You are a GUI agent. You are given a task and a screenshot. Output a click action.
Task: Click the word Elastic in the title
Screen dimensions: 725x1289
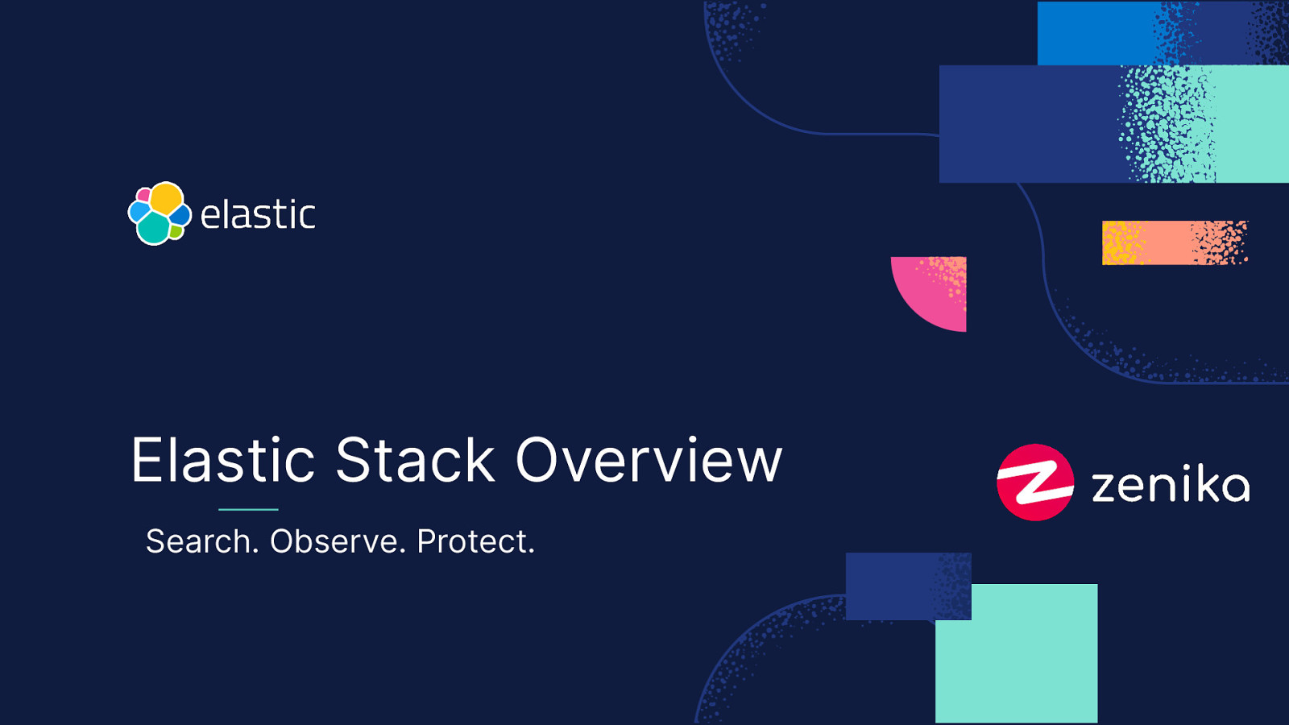[222, 461]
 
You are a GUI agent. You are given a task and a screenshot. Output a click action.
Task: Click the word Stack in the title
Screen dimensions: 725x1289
[415, 461]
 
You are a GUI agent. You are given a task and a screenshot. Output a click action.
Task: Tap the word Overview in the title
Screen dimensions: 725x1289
[649, 461]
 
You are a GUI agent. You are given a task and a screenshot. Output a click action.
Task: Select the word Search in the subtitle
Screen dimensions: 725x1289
[201, 541]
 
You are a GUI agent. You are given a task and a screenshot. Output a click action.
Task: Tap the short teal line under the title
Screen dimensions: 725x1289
[248, 509]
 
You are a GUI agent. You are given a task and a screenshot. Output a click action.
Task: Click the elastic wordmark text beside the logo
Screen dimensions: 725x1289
[258, 215]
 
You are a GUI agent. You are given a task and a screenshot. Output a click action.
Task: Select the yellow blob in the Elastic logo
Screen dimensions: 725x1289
[167, 198]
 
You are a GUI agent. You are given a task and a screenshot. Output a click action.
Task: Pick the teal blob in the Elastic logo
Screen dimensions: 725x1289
[153, 229]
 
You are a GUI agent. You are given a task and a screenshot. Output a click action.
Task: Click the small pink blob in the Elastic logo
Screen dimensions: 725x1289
[143, 195]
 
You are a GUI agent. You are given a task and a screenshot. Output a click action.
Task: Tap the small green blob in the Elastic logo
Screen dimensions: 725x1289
[176, 232]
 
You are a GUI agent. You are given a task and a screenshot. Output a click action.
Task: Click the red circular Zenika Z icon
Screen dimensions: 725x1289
[1035, 483]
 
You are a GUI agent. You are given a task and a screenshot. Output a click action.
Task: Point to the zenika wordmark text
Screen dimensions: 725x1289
[1170, 485]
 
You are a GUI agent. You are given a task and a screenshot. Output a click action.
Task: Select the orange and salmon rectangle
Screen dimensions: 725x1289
[1174, 242]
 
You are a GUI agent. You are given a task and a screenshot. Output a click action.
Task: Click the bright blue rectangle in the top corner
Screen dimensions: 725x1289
[1096, 33]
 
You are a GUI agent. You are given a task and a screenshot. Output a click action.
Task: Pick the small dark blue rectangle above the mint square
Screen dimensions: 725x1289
[894, 586]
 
